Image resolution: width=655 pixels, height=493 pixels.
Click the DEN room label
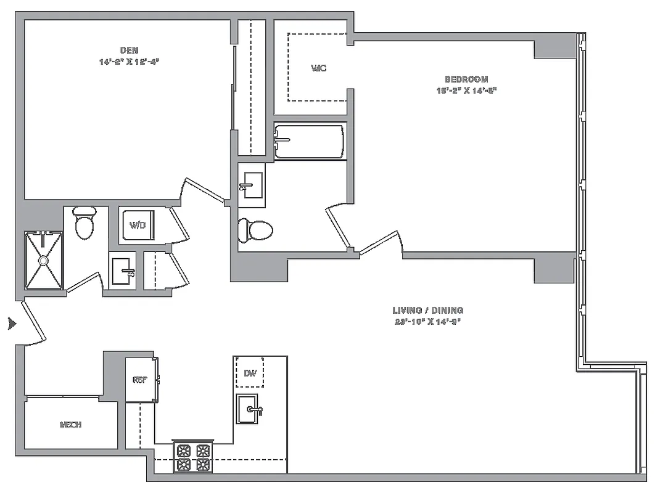click(x=129, y=50)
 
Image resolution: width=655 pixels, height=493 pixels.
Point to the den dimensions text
click(x=129, y=61)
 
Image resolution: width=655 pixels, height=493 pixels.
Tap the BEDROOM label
click(x=466, y=79)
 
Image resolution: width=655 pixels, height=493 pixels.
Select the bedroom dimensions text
click(x=466, y=90)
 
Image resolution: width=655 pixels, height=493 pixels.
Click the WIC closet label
click(x=318, y=68)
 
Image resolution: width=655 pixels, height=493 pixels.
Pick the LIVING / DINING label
click(x=427, y=310)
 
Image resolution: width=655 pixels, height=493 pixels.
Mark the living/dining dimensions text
click(x=427, y=321)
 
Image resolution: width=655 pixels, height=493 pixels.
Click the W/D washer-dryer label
click(x=137, y=225)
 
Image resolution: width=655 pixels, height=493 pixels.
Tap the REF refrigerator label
click(x=139, y=380)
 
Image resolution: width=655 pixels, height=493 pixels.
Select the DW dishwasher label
click(x=250, y=373)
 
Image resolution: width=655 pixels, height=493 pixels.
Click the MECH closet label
click(x=71, y=425)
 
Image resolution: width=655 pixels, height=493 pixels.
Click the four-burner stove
click(x=193, y=458)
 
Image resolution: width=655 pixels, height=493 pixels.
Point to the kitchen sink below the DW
click(x=250, y=409)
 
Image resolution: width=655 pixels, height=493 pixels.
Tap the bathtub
click(x=310, y=142)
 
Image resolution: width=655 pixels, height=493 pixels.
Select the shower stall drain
click(x=44, y=261)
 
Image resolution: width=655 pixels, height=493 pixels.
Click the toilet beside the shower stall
click(x=84, y=223)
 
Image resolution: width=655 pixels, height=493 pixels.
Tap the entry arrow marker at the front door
click(x=10, y=324)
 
